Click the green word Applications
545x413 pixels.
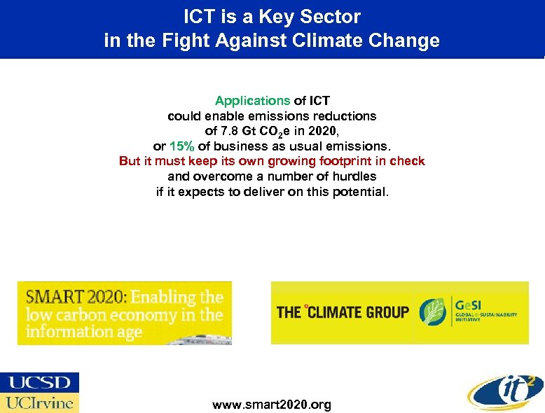pos(252,101)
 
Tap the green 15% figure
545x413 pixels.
pos(182,146)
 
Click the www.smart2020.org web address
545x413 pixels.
pos(272,405)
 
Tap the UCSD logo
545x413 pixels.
pos(40,382)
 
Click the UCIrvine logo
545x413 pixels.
pos(40,402)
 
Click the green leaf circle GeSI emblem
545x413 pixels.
pos(434,312)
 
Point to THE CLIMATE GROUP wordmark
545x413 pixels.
pos(343,312)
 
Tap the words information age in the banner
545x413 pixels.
pos(84,332)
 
